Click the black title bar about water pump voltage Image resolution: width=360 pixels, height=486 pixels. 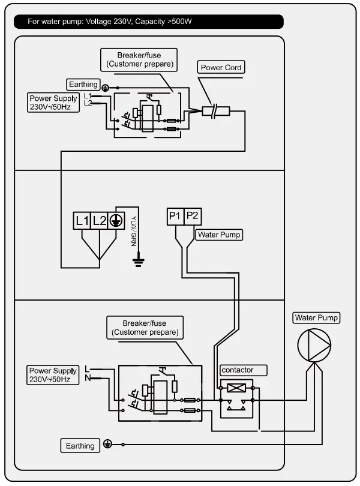[x=148, y=22]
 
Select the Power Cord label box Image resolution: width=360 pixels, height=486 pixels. [x=221, y=68]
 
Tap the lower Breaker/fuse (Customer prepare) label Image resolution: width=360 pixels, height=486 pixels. [x=145, y=327]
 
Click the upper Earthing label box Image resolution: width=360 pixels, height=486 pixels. [x=83, y=85]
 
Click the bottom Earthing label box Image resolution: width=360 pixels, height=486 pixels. [x=80, y=446]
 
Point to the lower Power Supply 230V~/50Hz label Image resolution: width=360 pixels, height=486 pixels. [x=53, y=375]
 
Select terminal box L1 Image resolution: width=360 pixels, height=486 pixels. [x=82, y=221]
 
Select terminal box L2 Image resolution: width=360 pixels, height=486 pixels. [x=100, y=221]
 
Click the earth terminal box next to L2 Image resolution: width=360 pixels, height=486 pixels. [x=116, y=221]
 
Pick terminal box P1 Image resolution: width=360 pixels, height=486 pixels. [x=175, y=217]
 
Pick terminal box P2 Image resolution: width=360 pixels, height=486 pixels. [x=193, y=217]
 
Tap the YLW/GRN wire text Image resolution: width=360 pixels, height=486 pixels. [x=133, y=232]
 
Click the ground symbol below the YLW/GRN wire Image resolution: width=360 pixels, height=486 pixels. [x=139, y=260]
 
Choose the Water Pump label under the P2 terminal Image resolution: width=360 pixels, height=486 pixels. [x=219, y=235]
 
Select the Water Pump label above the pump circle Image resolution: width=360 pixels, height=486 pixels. [x=316, y=317]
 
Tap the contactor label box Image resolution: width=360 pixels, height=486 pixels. [x=236, y=370]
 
